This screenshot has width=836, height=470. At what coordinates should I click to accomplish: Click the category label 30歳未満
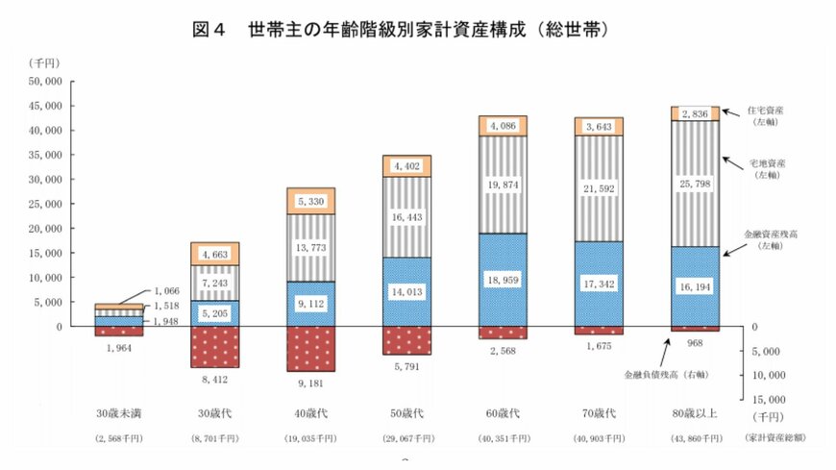(x=118, y=414)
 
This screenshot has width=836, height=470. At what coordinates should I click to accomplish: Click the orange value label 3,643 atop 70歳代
(x=602, y=125)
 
